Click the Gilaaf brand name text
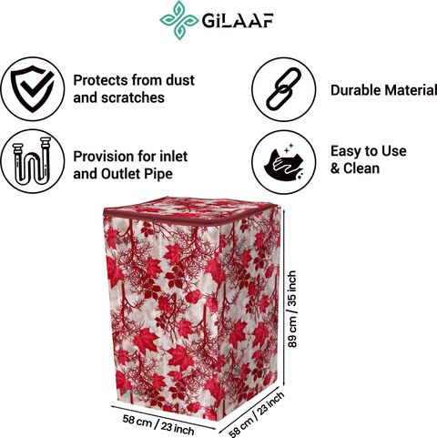pyautogui.click(x=238, y=21)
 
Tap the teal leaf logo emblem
pyautogui.click(x=179, y=20)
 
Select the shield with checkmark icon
pyautogui.click(x=33, y=88)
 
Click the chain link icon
pyautogui.click(x=284, y=89)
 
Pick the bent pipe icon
pyautogui.click(x=32, y=161)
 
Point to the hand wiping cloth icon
pyautogui.click(x=283, y=162)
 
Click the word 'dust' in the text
pyautogui.click(x=180, y=80)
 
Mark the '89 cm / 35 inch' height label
pyautogui.click(x=292, y=309)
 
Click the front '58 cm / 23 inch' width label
pyautogui.click(x=158, y=424)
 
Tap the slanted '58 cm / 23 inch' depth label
pyautogui.click(x=257, y=413)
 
